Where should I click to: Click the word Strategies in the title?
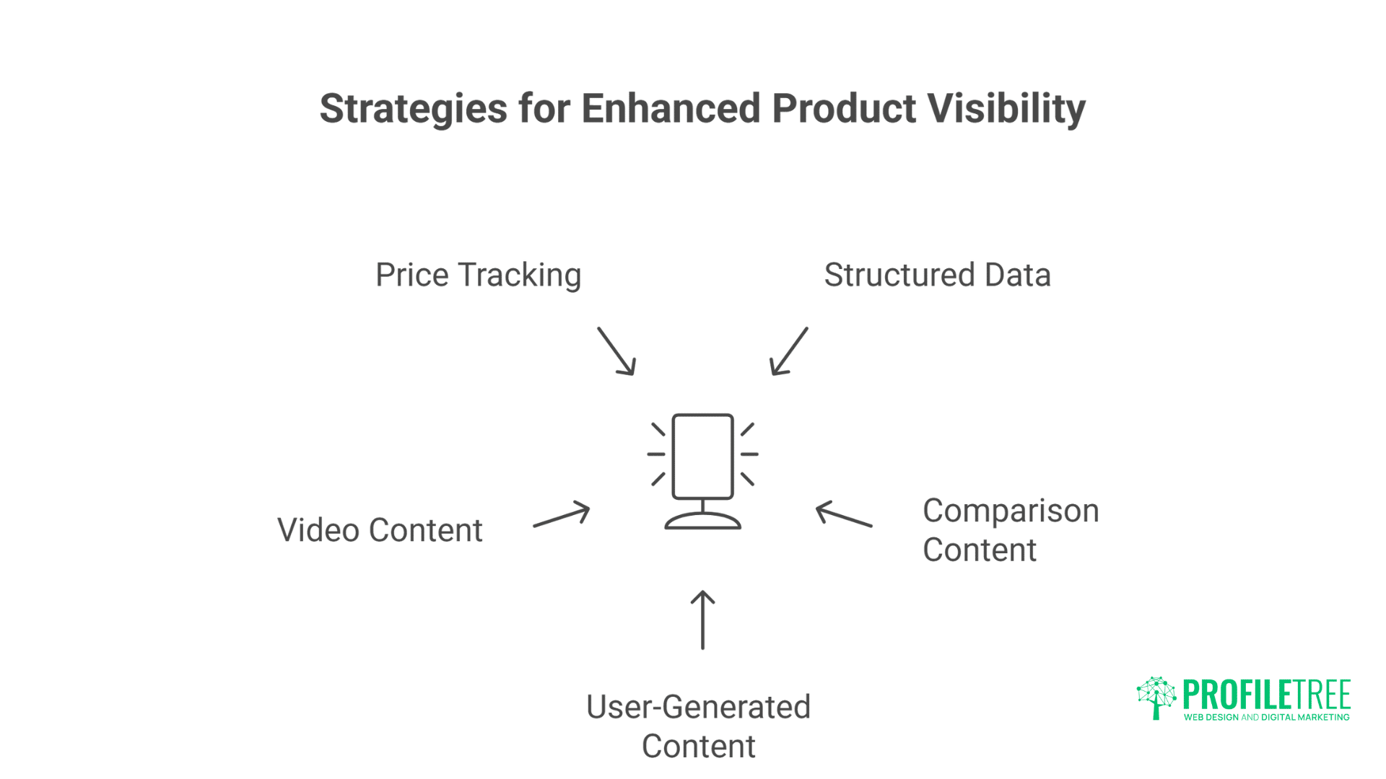[x=413, y=109]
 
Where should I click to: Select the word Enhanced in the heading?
[x=671, y=109]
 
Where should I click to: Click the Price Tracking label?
[x=478, y=275]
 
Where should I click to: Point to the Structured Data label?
[x=937, y=275]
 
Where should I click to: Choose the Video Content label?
[x=380, y=530]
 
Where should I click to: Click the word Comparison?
[x=1011, y=511]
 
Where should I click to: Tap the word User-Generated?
[x=698, y=707]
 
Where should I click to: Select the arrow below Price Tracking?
[x=616, y=351]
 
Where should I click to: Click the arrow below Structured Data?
[x=788, y=351]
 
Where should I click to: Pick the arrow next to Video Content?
[x=562, y=515]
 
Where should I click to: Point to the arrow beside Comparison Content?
[x=844, y=515]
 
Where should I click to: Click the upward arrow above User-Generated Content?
[x=702, y=620]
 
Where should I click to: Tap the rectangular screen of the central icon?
[x=702, y=456]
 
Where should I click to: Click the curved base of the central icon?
[x=702, y=521]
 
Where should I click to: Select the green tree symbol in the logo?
[x=1156, y=697]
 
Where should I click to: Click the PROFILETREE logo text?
[x=1266, y=695]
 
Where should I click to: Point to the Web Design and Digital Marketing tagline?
[x=1266, y=718]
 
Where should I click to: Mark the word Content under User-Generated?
[x=698, y=747]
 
